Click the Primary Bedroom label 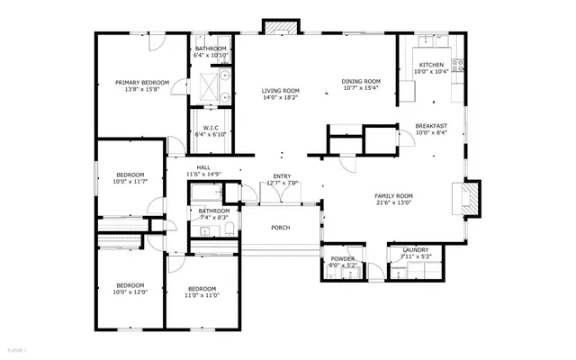142,83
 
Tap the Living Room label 281,91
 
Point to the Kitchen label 431,65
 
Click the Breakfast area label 431,126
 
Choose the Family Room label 393,195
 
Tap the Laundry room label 415,250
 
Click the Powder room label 343,259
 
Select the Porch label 281,227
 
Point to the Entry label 283,176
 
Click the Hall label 204,167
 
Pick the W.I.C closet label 211,128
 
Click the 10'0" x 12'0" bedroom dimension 130,292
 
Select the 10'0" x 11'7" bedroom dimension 130,182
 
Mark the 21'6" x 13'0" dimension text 393,202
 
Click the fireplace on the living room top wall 274,28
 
